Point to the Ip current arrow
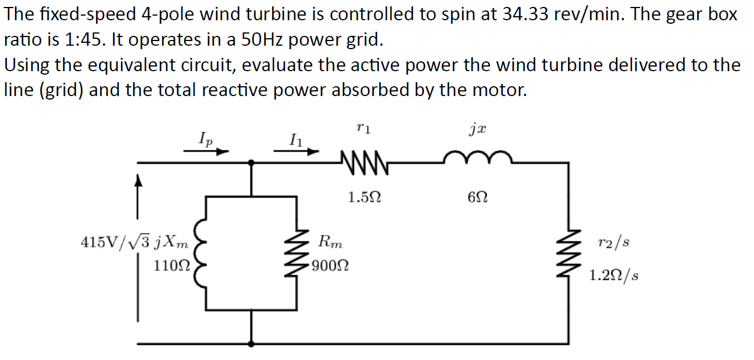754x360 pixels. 206,152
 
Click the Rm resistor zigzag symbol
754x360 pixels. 297,254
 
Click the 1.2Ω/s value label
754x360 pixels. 614,275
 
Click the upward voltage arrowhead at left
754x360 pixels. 138,182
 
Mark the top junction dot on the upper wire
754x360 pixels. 251,163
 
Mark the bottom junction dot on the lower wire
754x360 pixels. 251,344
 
